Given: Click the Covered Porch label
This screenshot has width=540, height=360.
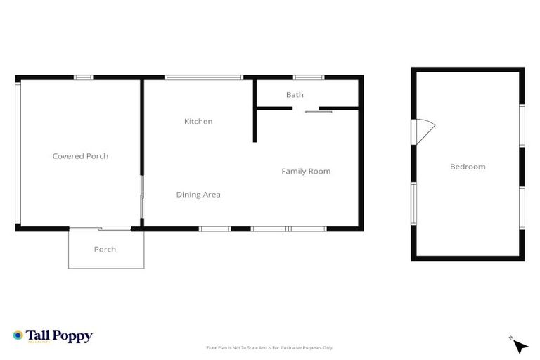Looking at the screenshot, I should (x=80, y=156).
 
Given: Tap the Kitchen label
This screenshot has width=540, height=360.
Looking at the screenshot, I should (x=198, y=122).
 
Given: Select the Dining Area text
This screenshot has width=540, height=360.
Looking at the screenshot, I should (x=198, y=195).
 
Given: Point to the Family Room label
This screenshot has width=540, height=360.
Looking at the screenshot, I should (x=306, y=171).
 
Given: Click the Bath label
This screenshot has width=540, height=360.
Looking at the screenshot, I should (x=295, y=95).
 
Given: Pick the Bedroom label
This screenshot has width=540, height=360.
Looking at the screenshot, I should (x=468, y=167).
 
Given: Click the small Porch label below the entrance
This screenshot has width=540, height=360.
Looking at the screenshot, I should (x=105, y=250).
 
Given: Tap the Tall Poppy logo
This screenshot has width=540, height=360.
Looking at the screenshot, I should (x=53, y=336).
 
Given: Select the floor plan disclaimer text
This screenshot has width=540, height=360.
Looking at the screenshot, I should (x=269, y=347).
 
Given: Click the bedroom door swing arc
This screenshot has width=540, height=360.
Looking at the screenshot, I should (x=423, y=130).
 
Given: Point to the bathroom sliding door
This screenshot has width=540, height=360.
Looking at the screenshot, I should (x=319, y=111).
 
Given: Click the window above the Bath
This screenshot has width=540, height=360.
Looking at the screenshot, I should (x=309, y=77).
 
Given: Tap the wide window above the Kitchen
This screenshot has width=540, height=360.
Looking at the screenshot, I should (x=203, y=77).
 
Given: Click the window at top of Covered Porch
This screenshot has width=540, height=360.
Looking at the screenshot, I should (x=84, y=77).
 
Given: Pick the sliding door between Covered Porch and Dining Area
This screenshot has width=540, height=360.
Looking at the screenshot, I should (x=141, y=197).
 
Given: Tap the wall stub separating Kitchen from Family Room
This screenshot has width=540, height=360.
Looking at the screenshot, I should (x=255, y=125).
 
